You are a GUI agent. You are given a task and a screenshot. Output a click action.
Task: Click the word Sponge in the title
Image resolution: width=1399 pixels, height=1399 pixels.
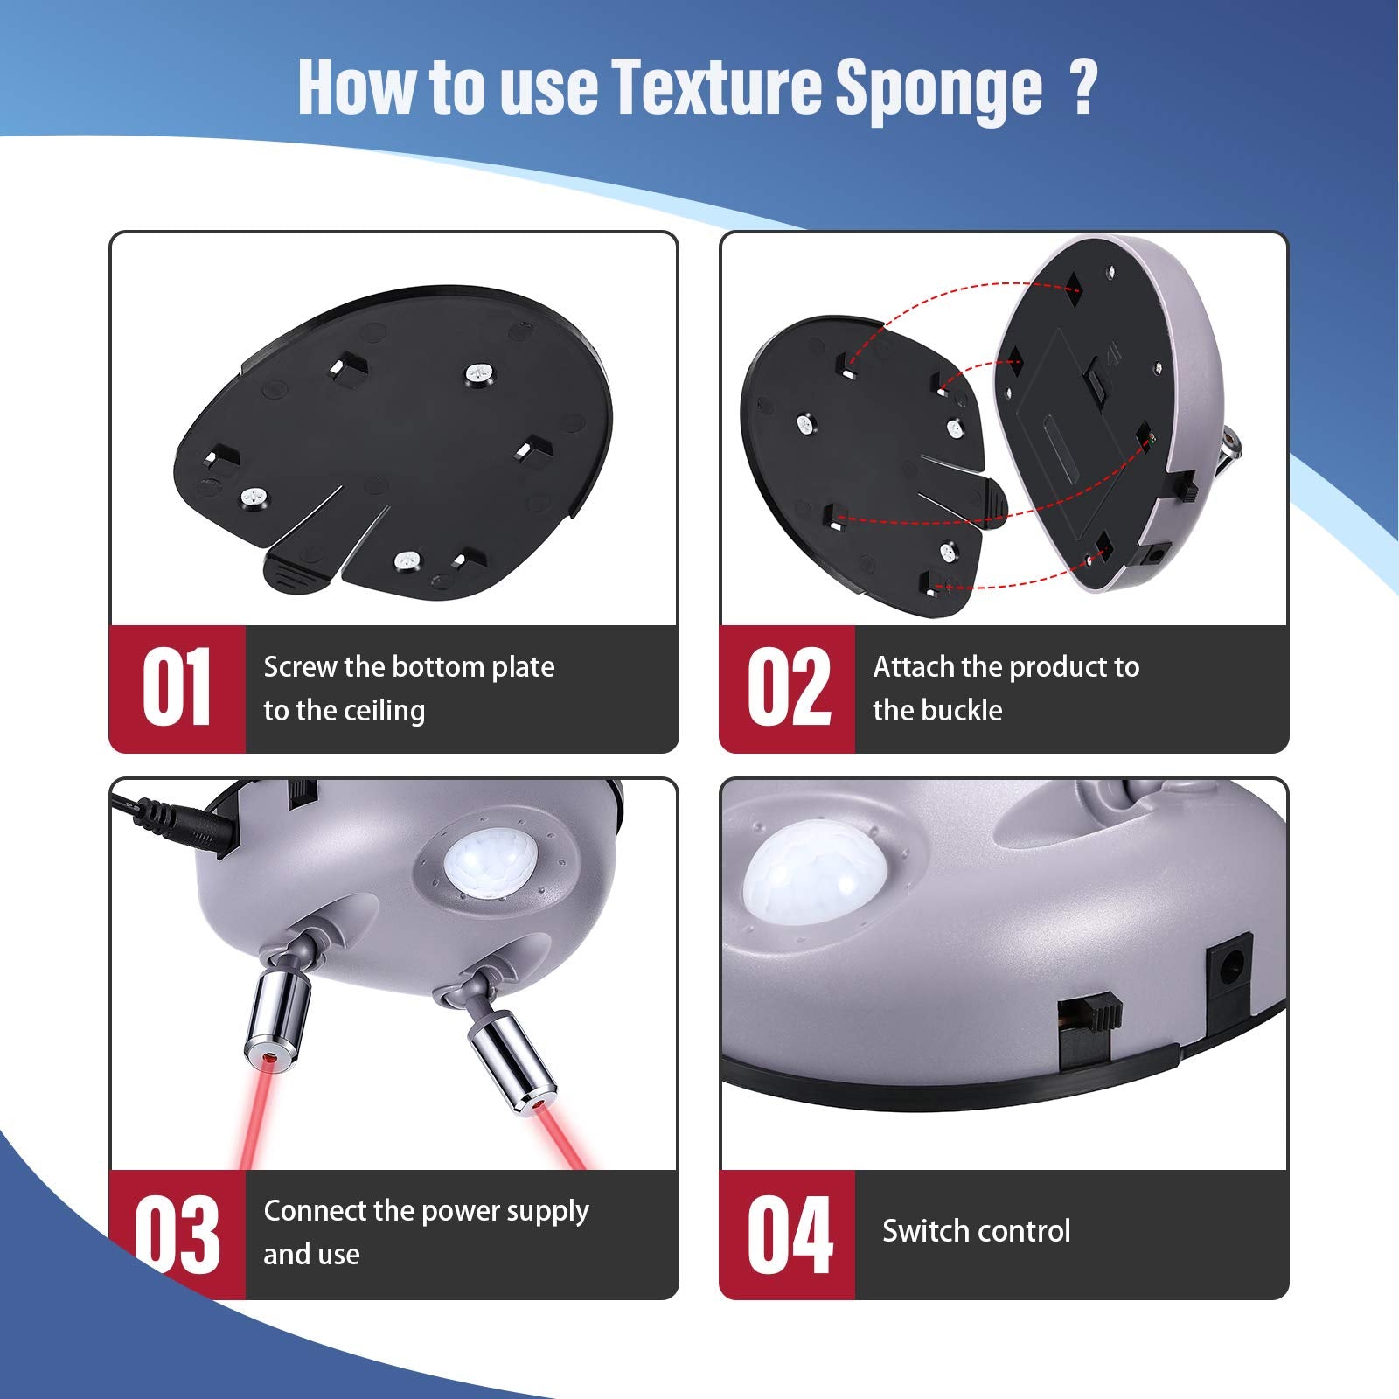coord(938,89)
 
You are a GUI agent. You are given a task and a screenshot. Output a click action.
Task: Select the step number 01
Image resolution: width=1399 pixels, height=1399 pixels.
coord(177,687)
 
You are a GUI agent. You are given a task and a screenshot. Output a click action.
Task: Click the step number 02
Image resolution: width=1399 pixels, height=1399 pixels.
coord(789,687)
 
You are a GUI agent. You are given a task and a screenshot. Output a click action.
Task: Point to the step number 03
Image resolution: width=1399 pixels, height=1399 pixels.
coord(177,1233)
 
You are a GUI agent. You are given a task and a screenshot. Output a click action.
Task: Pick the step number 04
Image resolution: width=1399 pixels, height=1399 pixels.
coord(790,1233)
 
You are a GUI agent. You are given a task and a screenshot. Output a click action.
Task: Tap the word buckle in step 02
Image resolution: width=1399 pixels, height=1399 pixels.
coord(962,710)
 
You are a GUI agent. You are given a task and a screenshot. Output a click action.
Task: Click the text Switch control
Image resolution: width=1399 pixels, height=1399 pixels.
coord(976,1231)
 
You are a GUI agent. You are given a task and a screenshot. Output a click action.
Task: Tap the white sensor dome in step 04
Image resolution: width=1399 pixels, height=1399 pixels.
coord(816,876)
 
